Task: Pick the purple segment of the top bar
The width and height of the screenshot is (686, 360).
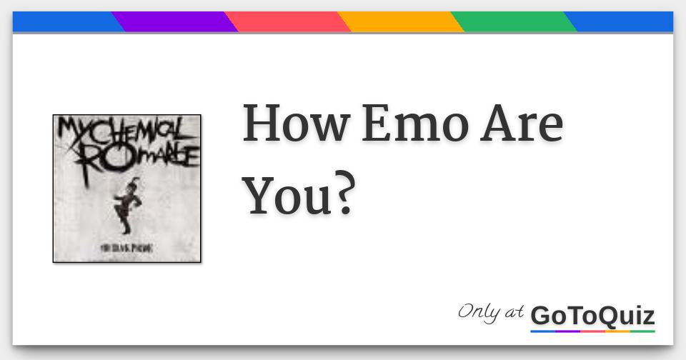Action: (x=174, y=21)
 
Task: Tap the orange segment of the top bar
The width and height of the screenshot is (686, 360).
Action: (x=400, y=21)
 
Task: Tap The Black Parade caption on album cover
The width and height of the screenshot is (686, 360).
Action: (x=128, y=249)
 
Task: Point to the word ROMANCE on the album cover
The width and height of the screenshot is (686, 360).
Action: (x=139, y=155)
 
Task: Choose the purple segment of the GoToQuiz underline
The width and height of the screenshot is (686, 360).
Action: (x=567, y=331)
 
